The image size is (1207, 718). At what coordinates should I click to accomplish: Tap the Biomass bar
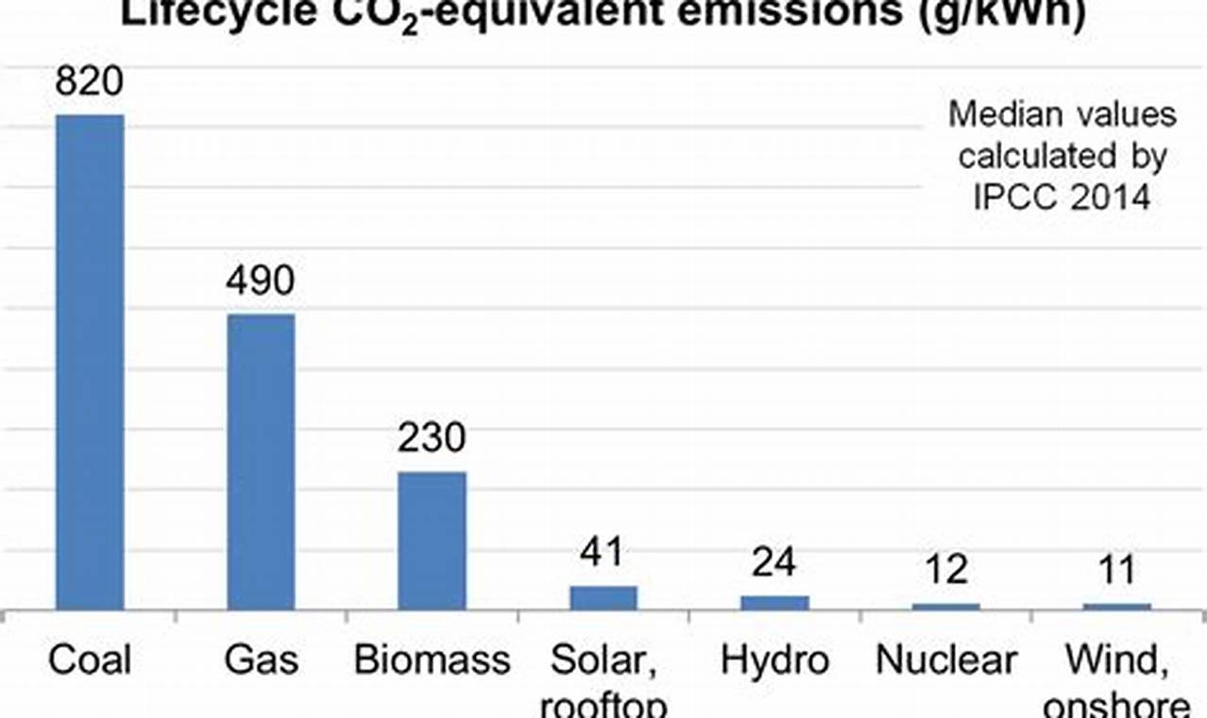point(432,540)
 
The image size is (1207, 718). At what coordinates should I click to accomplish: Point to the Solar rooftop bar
point(603,598)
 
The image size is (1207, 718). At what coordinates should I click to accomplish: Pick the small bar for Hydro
point(774,603)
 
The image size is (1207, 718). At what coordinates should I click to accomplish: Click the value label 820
point(90,82)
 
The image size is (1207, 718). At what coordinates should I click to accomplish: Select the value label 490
point(261,282)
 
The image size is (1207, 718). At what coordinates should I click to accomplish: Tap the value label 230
point(432,438)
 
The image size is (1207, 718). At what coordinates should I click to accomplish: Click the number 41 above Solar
point(603,553)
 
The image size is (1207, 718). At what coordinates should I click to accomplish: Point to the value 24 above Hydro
point(774,562)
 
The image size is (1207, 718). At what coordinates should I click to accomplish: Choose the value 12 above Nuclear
point(945,570)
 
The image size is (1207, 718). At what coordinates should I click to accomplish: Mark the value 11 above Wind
point(1117,570)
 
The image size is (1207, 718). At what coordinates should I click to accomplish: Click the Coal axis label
point(90,659)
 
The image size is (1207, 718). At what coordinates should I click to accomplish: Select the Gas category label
point(261,659)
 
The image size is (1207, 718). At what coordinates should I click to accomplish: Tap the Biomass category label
point(432,659)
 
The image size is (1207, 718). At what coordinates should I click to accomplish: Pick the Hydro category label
point(774,659)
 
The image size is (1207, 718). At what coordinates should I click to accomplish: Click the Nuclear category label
point(945,659)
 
